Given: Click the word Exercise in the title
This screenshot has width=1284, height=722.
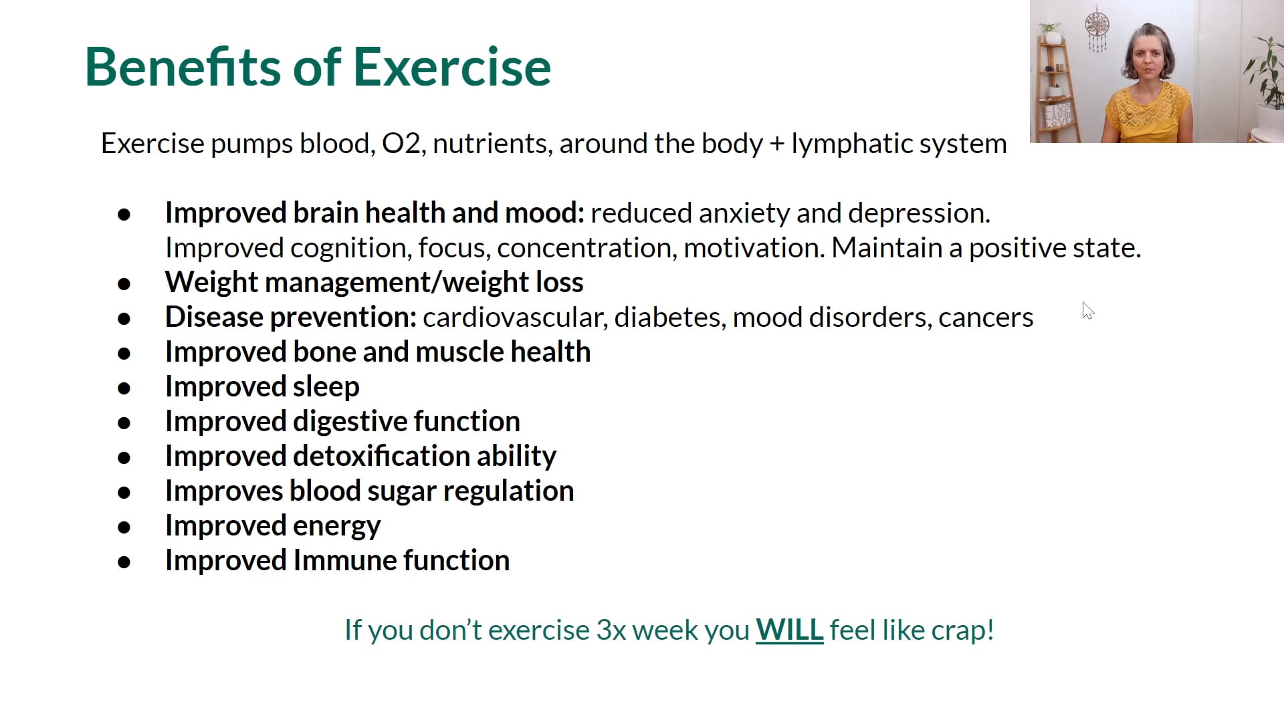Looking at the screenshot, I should coord(451,67).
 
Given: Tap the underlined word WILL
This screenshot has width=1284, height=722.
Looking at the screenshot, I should coord(789,630).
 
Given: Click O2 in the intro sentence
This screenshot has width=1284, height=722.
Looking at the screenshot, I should coord(401,144).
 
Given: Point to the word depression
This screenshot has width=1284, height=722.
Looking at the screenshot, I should coord(918,213).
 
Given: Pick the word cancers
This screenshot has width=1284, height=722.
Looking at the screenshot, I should coord(986,317).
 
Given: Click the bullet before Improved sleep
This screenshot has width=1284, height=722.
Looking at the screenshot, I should coord(124,388).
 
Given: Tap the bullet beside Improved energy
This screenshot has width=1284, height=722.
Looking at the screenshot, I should coord(124,527).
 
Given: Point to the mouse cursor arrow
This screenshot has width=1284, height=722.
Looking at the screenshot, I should coord(1087,310).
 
